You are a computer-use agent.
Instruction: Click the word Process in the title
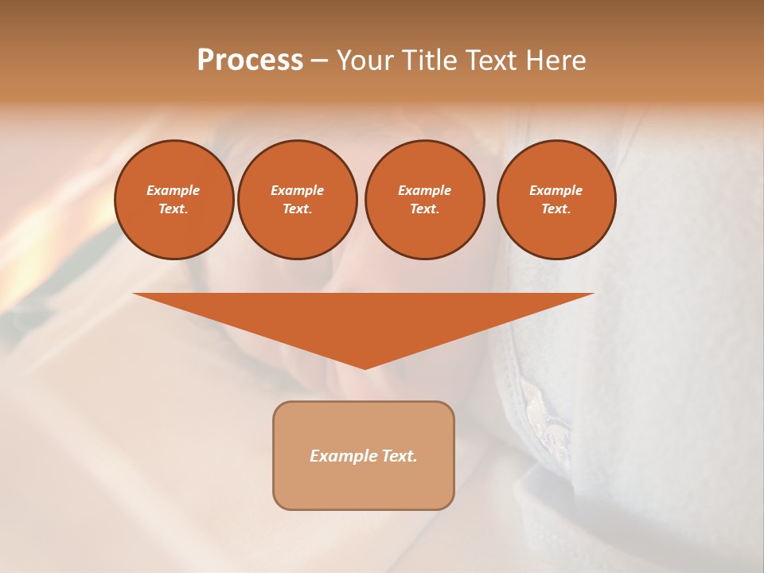(x=250, y=60)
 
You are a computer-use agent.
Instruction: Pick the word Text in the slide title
(x=491, y=60)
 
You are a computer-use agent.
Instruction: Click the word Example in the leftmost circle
(x=173, y=190)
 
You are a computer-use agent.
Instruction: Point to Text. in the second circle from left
(x=298, y=209)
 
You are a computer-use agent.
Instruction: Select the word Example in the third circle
(x=424, y=190)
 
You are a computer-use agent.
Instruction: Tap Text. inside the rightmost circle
(x=556, y=209)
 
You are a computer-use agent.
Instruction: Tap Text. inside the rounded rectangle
(x=397, y=456)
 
